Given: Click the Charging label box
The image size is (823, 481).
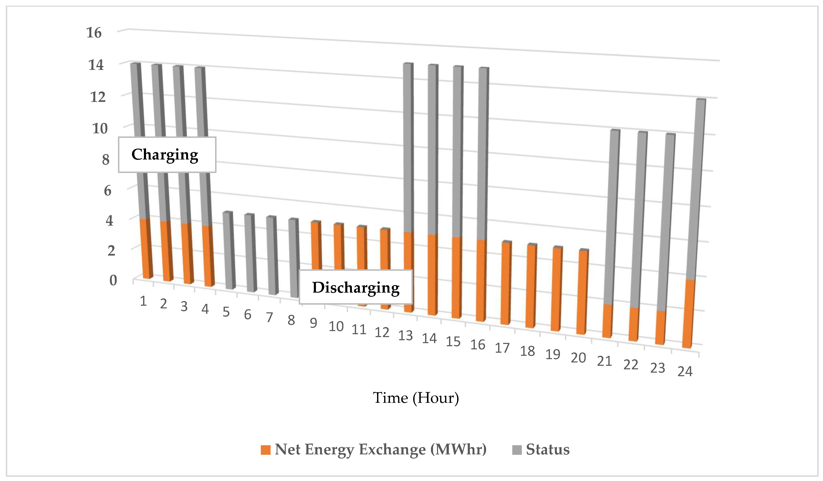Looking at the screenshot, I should [x=167, y=155].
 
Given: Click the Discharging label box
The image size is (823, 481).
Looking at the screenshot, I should [x=356, y=287].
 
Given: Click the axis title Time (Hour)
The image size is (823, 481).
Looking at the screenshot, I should [x=416, y=398].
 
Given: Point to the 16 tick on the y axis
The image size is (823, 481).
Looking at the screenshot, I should [x=94, y=33].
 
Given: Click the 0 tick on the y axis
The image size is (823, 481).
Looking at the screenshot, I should [x=113, y=280].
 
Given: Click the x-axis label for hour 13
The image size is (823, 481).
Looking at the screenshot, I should [x=405, y=336].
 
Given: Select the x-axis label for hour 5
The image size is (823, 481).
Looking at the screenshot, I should [x=226, y=312].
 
